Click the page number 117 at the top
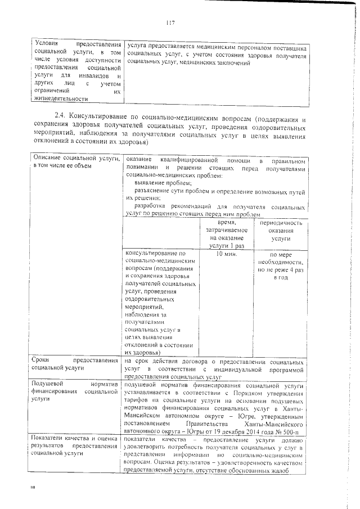click(172, 22)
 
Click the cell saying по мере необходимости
click(280, 265)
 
